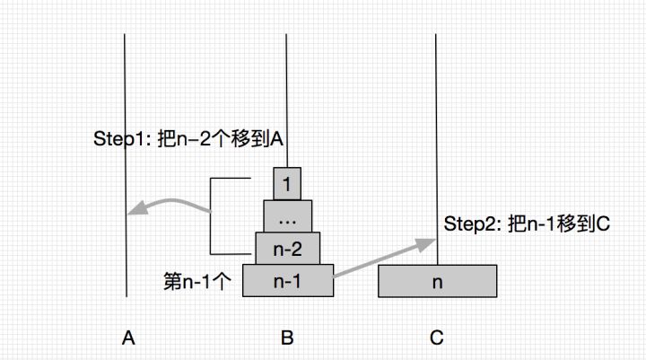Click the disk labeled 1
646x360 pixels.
(x=287, y=186)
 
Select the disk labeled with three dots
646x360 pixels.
(x=287, y=216)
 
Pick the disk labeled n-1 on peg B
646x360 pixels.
(x=287, y=280)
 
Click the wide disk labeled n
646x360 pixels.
(x=437, y=281)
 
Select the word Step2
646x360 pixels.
(x=468, y=224)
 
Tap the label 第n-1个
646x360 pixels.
(x=198, y=280)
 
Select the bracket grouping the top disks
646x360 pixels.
(x=212, y=215)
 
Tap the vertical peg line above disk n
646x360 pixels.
(x=437, y=135)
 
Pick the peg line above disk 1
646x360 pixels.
(x=286, y=90)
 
